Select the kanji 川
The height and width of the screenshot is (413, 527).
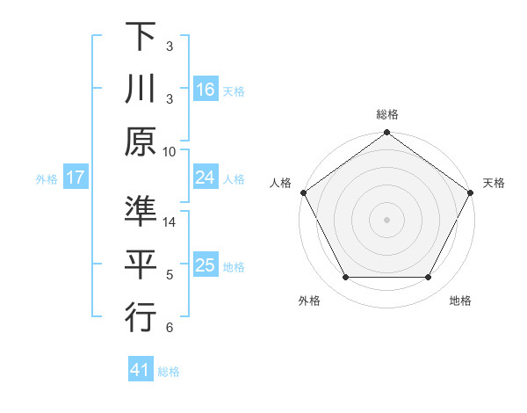pyautogui.click(x=141, y=91)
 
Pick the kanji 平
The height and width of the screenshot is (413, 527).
pyautogui.click(x=141, y=264)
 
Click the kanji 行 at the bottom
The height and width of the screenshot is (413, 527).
pyautogui.click(x=141, y=317)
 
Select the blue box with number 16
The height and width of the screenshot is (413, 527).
pyautogui.click(x=205, y=89)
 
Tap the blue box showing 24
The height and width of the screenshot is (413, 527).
pyautogui.click(x=205, y=178)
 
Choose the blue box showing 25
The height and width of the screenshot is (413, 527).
pyautogui.click(x=205, y=265)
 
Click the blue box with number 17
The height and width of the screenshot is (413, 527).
pyautogui.click(x=76, y=178)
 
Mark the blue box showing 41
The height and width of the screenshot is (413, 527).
pyautogui.click(x=141, y=371)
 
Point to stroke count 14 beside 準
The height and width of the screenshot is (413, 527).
pyautogui.click(x=170, y=223)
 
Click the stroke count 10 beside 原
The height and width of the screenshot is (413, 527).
pyautogui.click(x=170, y=150)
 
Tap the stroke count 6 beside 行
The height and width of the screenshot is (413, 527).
pyautogui.click(x=170, y=328)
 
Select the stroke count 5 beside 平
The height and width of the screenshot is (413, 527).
pyautogui.click(x=170, y=275)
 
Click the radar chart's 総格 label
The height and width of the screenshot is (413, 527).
pyautogui.click(x=386, y=114)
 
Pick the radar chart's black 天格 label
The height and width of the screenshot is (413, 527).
pyautogui.click(x=494, y=183)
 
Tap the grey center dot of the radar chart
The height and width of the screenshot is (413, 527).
pyautogui.click(x=386, y=219)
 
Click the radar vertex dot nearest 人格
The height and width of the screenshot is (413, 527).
pyautogui.click(x=303, y=192)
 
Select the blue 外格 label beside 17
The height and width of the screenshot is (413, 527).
pyautogui.click(x=47, y=178)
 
